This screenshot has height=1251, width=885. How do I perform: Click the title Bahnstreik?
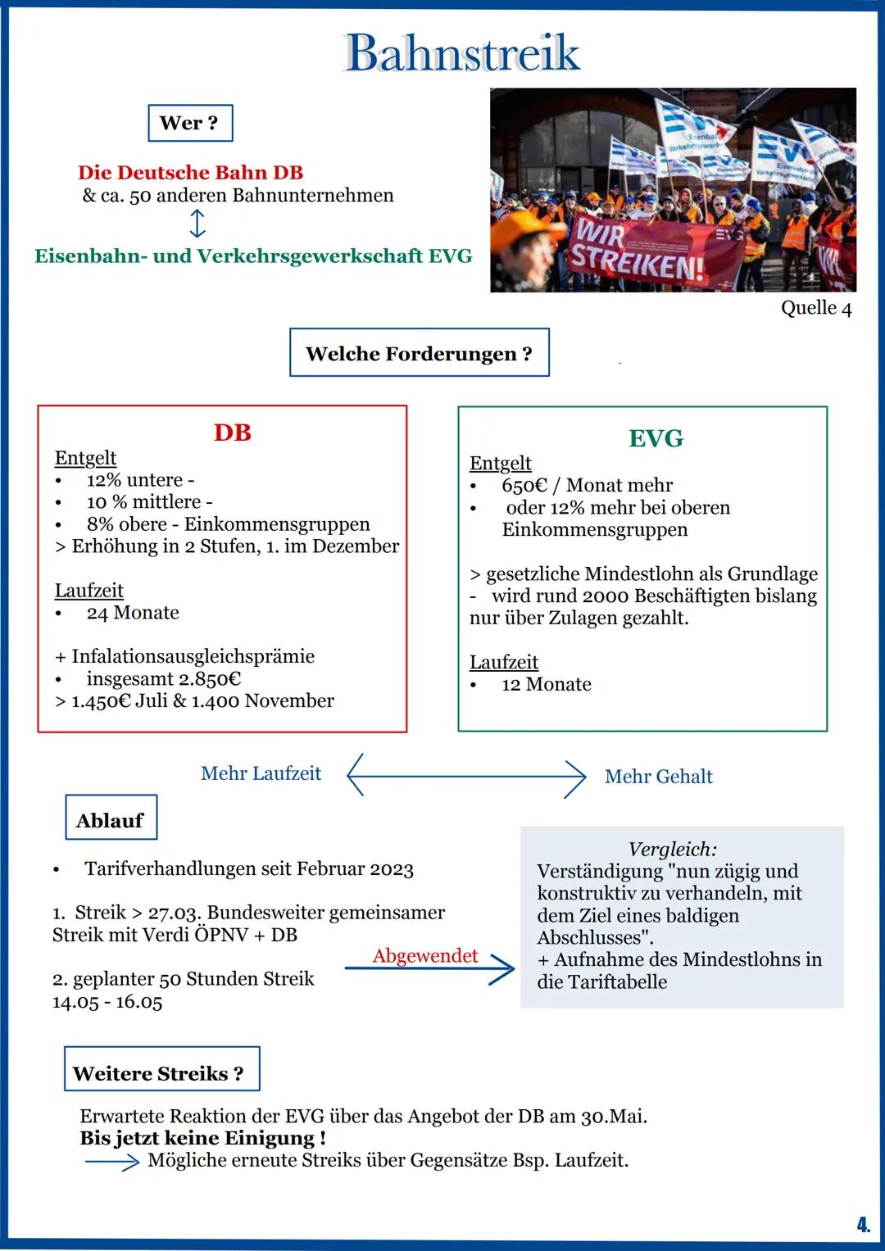click(x=462, y=53)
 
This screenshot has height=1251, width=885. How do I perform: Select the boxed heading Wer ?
click(x=189, y=123)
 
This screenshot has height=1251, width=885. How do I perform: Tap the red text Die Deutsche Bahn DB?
click(x=190, y=173)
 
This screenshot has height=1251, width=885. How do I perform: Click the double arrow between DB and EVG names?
click(x=197, y=224)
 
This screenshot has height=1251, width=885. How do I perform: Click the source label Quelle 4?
click(x=815, y=308)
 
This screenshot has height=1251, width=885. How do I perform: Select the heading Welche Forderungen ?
click(x=419, y=353)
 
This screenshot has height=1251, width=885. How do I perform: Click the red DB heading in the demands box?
click(x=232, y=433)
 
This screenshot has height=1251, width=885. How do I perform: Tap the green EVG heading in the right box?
click(x=656, y=438)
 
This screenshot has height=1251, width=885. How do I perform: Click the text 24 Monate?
click(x=133, y=613)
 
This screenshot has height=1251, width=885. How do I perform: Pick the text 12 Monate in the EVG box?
click(x=546, y=684)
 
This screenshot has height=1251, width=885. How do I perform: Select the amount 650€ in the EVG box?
click(x=524, y=486)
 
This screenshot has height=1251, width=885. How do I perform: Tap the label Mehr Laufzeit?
click(x=261, y=773)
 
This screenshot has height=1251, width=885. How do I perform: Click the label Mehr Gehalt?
click(x=658, y=777)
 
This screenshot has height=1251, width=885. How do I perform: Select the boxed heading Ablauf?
click(x=110, y=820)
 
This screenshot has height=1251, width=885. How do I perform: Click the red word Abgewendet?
click(x=424, y=956)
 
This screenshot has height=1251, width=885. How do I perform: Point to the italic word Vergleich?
click(x=672, y=849)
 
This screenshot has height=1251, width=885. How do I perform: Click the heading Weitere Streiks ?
click(x=158, y=1073)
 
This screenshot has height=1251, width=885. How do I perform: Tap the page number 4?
click(x=862, y=1226)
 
